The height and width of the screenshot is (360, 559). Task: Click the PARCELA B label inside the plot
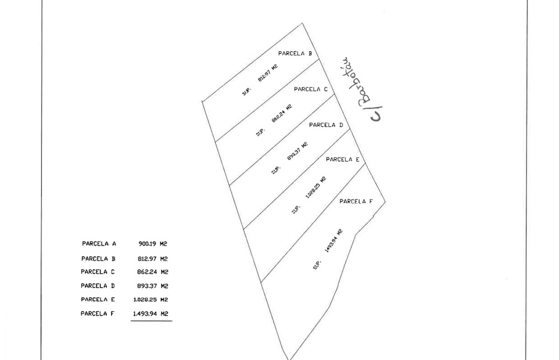295,54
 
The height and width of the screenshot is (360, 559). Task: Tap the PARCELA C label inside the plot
311,89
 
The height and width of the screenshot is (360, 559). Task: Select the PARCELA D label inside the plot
326,125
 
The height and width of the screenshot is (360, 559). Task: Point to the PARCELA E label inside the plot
343,159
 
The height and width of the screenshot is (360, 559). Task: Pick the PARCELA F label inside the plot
356,201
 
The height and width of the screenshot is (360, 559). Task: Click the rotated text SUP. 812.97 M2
260,80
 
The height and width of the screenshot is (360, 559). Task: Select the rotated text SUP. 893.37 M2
290,158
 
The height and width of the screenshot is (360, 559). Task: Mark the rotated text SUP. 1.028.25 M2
309,195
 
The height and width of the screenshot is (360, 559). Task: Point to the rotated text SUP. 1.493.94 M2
328,249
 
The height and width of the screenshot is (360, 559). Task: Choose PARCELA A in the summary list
99,244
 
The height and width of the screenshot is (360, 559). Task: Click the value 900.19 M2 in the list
153,244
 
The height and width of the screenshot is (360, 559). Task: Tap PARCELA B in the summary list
98,259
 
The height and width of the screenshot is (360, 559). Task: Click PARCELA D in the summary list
98,286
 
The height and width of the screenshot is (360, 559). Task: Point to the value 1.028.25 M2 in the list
151,300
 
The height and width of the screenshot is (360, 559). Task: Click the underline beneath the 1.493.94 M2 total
151,321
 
